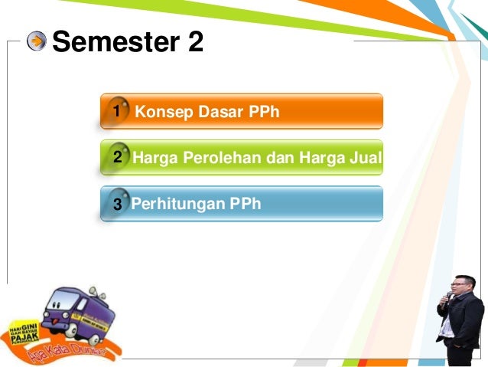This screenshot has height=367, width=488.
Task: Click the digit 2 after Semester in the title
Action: tap(194, 42)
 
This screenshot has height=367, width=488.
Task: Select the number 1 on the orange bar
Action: tap(116, 112)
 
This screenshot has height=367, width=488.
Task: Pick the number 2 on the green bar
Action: tap(116, 159)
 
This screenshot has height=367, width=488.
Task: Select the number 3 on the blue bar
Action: tap(116, 205)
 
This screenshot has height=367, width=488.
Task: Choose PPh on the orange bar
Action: tap(264, 112)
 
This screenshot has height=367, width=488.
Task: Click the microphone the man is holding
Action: tap(449, 298)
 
